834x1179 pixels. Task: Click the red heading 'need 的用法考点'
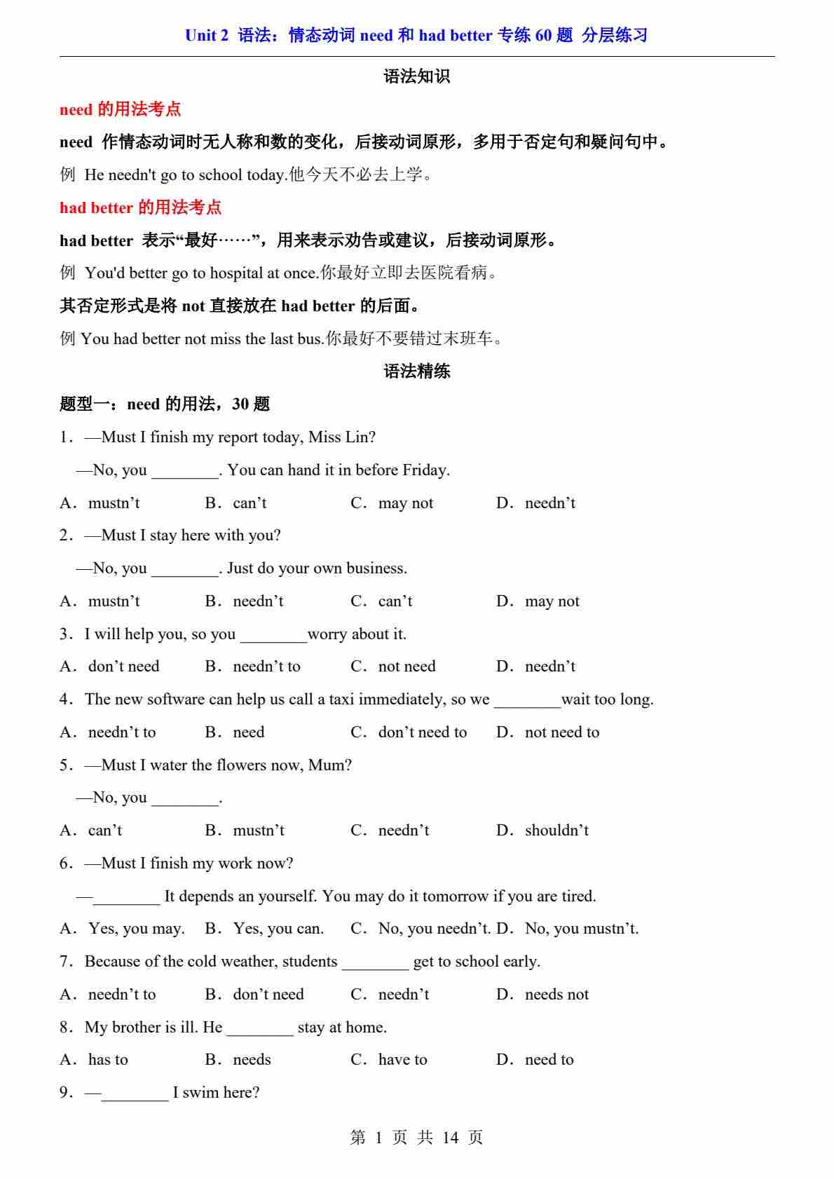click(x=120, y=109)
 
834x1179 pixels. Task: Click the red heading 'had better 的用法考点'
click(x=140, y=207)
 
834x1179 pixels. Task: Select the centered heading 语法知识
click(x=417, y=76)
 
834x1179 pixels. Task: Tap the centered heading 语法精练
click(x=417, y=371)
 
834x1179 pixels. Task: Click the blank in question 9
click(x=135, y=1093)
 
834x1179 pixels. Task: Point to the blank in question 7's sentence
click(x=375, y=962)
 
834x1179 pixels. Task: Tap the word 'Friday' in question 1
click(x=424, y=470)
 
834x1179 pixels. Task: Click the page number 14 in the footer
click(x=451, y=1138)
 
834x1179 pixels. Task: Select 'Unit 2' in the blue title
click(x=207, y=35)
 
